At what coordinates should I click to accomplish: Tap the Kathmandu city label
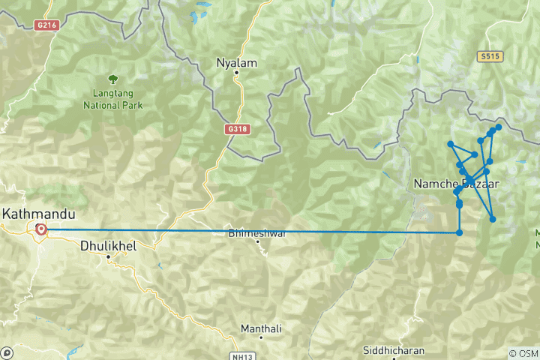click(34, 214)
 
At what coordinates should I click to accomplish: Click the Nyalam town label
click(236, 63)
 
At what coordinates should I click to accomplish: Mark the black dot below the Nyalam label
click(236, 73)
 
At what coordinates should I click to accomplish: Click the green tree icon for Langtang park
click(112, 79)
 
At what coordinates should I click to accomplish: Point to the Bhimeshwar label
click(257, 233)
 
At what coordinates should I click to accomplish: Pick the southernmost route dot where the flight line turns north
click(459, 232)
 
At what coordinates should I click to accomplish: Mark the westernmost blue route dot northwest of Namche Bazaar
click(450, 143)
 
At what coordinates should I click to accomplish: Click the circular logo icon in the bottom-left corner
click(7, 352)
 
